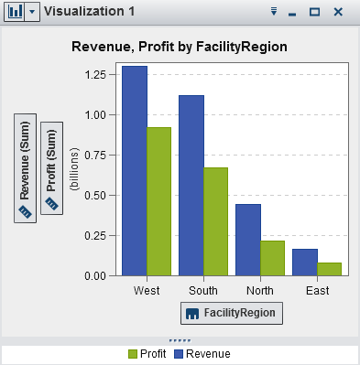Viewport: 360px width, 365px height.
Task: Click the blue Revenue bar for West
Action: (x=134, y=170)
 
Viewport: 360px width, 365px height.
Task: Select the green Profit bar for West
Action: (x=158, y=201)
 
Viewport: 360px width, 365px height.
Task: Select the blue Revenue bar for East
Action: (x=304, y=262)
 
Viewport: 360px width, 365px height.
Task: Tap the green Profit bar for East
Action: (x=329, y=269)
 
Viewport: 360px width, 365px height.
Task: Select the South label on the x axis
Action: (x=202, y=291)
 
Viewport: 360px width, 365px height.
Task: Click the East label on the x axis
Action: (x=317, y=291)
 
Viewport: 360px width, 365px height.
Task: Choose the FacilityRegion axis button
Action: (x=232, y=313)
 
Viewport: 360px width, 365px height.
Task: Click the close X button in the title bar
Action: (x=338, y=12)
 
